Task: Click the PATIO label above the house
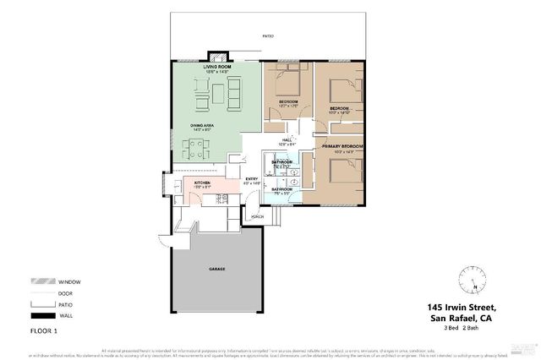[268, 36]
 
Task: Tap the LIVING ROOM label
[216, 66]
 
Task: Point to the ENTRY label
[251, 178]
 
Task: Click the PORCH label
[258, 216]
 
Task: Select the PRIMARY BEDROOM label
[342, 146]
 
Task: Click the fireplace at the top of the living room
[220, 58]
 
